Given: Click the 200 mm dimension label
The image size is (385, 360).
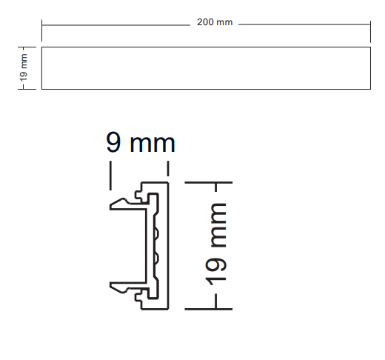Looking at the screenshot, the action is (215, 22).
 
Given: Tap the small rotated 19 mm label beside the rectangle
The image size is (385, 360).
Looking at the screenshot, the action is (24, 67).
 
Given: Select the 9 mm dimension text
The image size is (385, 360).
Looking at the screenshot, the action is (141, 142).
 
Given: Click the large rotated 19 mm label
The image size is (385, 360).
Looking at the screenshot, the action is (215, 244).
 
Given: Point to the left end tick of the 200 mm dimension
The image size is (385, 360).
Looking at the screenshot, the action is (41, 30).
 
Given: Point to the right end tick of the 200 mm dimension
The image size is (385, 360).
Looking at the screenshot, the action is (370, 32).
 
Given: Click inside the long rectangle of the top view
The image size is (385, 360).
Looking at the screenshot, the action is (206, 68).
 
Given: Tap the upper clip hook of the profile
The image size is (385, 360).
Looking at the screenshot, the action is (120, 204).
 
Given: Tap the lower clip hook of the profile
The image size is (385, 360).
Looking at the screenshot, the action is (120, 287).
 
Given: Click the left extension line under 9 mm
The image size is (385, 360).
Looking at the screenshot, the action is (110, 176).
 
